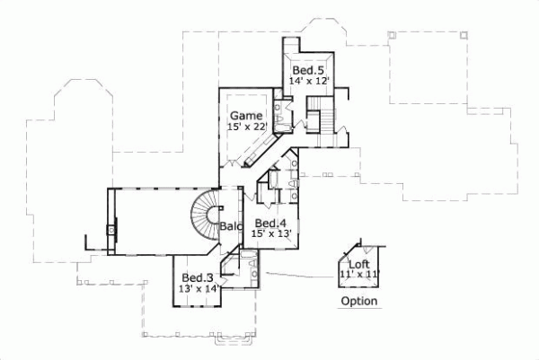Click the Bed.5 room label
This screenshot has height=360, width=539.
point(307,70)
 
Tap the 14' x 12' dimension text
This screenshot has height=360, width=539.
point(309,82)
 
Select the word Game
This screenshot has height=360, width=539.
point(245,116)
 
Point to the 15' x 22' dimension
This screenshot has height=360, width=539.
point(246,127)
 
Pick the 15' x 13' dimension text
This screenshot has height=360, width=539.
point(270,233)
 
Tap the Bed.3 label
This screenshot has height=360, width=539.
point(197,277)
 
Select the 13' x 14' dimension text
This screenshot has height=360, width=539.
point(198,288)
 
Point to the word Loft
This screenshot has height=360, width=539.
point(359,264)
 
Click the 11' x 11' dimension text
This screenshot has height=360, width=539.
point(359,274)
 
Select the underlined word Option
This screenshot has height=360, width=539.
point(358,302)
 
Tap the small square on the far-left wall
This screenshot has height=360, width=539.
point(111,231)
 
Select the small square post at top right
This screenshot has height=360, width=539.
point(464,35)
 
